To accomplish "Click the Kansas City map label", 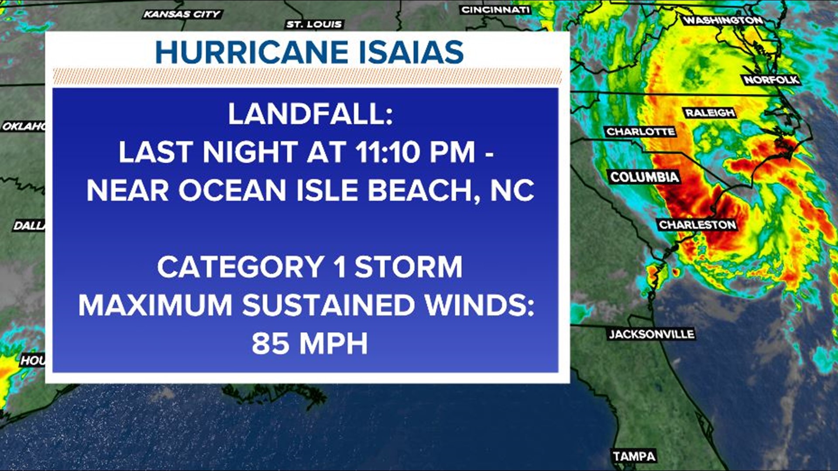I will point(182,14).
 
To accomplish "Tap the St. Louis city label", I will point(314,24).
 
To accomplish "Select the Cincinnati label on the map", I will point(495,10).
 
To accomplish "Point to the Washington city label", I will point(723,20).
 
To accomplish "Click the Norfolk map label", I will point(771,80).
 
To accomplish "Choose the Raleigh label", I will point(710,113).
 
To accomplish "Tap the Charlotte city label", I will point(640,132).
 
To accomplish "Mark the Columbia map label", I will point(644,177).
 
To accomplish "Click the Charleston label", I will point(697,225).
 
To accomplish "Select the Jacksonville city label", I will point(651,334).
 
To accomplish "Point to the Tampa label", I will point(634,457).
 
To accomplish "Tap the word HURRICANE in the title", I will point(252,52).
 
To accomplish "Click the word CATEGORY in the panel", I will point(240,267).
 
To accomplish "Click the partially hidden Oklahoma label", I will point(24,126).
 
